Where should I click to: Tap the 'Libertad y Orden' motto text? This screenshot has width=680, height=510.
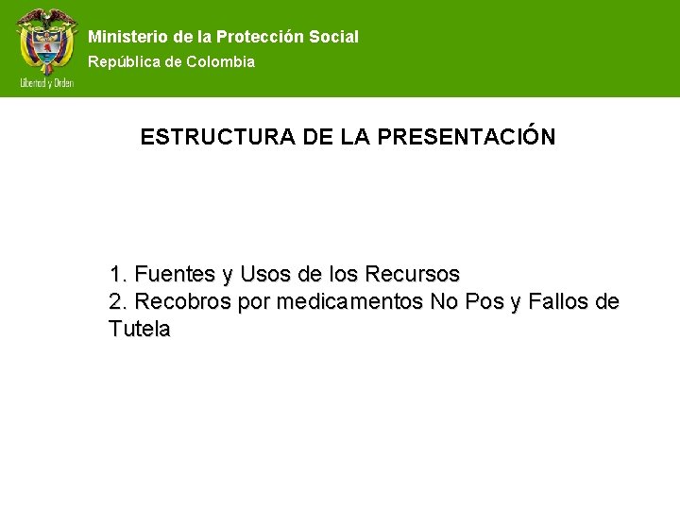pos(46,83)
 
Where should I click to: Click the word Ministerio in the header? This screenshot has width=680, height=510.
pos(128,37)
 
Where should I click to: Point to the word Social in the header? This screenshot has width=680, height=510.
pos(333,37)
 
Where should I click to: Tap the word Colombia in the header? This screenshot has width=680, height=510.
pos(220,61)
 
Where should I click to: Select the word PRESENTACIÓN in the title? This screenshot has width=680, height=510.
pos(466,137)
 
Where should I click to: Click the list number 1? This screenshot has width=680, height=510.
pos(117,275)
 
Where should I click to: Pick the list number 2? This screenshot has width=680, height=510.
pos(117,302)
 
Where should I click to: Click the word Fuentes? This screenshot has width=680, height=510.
pos(176,275)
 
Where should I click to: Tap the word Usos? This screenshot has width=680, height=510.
pos(265,275)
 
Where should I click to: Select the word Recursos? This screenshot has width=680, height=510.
pos(412,275)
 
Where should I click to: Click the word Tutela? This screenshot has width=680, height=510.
pos(140,330)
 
